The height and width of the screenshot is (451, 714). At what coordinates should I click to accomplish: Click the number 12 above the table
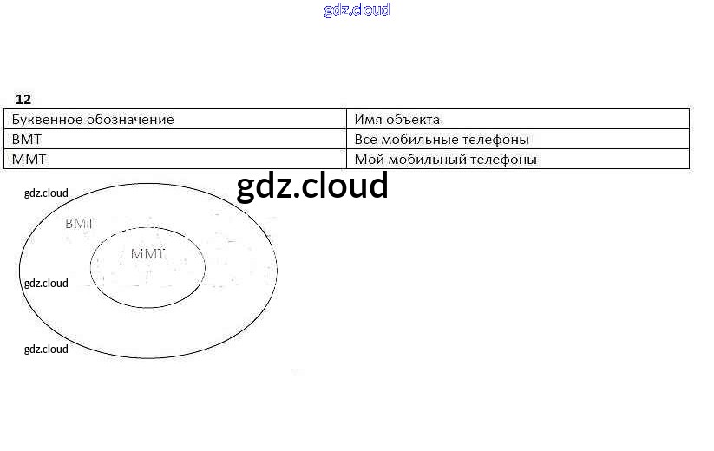click(23, 100)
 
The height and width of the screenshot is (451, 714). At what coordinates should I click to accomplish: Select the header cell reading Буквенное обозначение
click(93, 120)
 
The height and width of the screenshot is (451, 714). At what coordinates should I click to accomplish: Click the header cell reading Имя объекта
click(397, 120)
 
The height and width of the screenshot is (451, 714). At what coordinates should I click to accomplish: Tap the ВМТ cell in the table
click(27, 140)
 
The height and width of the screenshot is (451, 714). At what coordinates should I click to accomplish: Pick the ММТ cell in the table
click(29, 160)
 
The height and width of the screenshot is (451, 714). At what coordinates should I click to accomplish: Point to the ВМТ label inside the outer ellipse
click(80, 224)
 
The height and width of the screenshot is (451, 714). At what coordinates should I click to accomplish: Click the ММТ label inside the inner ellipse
click(147, 254)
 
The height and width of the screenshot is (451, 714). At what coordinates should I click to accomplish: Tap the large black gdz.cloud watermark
click(312, 186)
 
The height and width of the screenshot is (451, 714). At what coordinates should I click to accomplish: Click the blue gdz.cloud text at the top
click(357, 10)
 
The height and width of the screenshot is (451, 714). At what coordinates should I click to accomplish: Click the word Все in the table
click(366, 140)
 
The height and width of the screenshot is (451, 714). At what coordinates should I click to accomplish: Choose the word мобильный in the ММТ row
click(426, 160)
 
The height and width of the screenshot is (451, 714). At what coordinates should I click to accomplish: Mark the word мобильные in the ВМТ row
click(423, 140)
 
